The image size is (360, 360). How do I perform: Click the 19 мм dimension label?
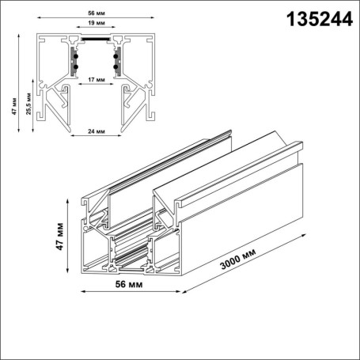coord(96,25)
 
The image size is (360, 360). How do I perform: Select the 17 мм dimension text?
coord(96,81)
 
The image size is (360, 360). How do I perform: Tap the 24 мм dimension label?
coord(96,131)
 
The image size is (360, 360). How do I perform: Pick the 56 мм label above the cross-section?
coord(96,13)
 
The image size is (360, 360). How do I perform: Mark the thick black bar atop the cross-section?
coord(96,36)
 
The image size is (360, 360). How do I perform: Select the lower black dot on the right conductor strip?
coord(116,67)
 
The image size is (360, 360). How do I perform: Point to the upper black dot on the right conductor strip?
coord(116,55)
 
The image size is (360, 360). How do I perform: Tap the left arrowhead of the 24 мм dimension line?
coord(70,136)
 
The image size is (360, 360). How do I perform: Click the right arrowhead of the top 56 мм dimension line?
coord(152,20)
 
